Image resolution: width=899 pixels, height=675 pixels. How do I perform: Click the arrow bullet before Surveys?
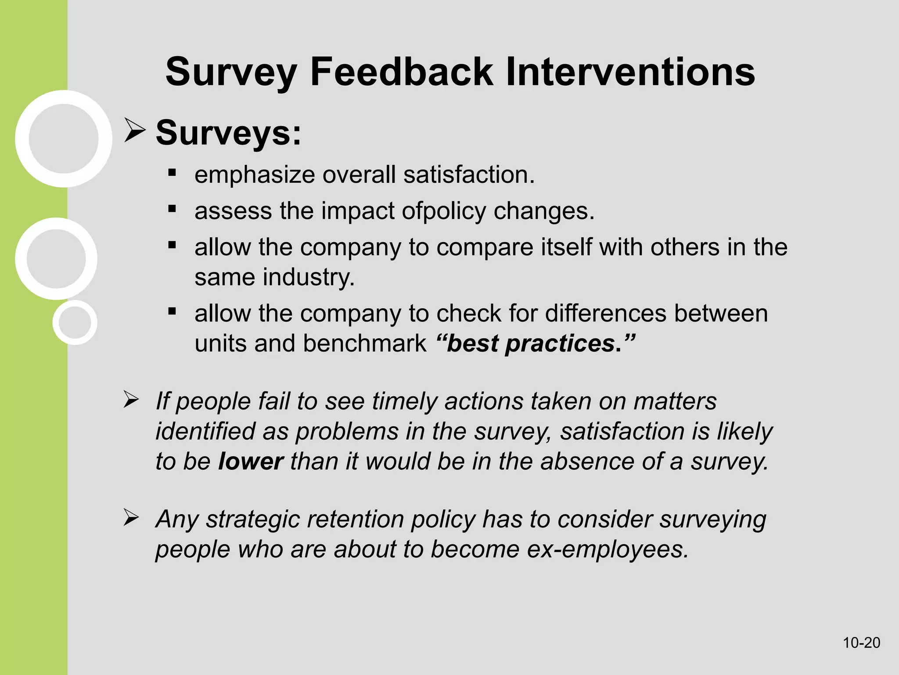[134, 130]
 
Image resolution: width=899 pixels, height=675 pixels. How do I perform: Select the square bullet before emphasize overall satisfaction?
[172, 173]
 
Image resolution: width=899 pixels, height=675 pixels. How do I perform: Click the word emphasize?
[255, 175]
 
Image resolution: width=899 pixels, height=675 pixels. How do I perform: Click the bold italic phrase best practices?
[536, 343]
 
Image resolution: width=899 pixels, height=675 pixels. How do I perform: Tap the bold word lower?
[251, 461]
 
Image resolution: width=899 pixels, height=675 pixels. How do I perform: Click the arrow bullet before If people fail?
[131, 399]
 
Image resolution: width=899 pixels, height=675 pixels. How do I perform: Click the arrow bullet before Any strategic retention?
[131, 517]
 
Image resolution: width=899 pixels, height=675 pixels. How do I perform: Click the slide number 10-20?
[861, 642]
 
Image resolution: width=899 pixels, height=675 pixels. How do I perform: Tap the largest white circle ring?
[64, 139]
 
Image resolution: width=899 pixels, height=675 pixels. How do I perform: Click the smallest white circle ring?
[75, 323]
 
